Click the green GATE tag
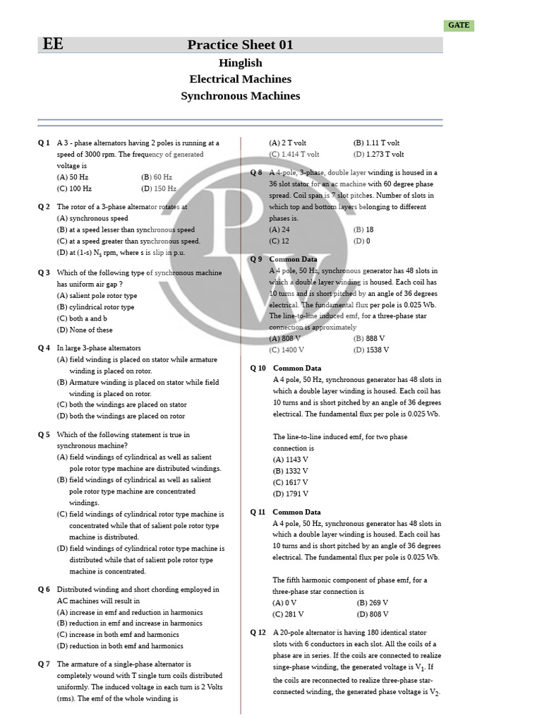point(459,25)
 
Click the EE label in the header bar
point(53,44)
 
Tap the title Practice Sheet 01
point(240,45)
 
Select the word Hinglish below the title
point(240,63)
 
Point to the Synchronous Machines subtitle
point(240,96)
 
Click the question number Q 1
point(44,143)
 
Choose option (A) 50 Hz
point(73,177)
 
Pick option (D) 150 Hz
point(159,189)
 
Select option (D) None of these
point(85,330)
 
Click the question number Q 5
point(44,435)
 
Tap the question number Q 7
point(44,664)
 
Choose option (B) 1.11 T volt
point(376,143)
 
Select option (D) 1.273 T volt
point(379,154)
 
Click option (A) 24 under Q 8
point(279,229)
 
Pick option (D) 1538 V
point(371,349)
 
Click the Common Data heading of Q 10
point(297,368)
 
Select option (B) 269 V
point(373,603)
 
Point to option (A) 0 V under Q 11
point(284,603)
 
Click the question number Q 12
point(258,633)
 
